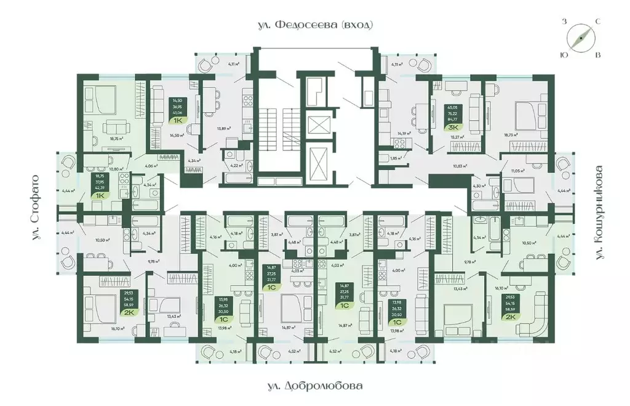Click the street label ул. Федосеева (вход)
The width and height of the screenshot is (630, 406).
(315, 25)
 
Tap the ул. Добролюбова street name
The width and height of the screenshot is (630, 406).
(315, 386)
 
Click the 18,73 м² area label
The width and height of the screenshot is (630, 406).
(510, 134)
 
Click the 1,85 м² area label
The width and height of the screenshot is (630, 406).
(396, 158)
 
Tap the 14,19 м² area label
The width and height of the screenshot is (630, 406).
(404, 133)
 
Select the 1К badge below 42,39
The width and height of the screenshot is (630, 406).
(100, 195)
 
